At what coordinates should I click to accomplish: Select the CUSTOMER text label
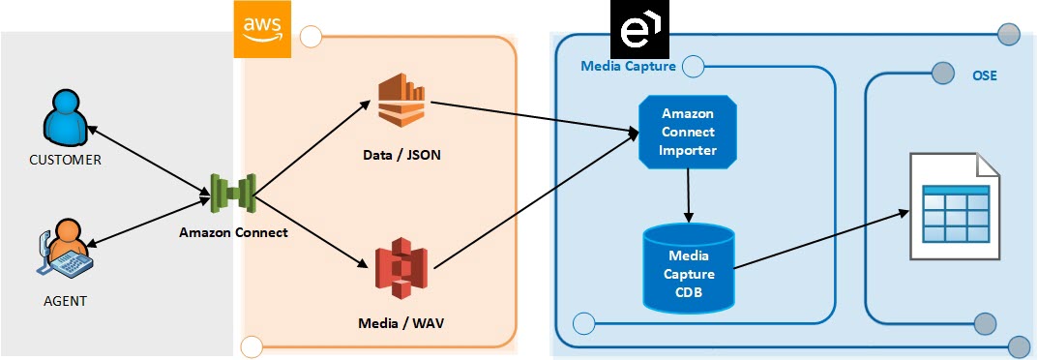coord(66,161)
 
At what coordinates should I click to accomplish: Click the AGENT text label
coord(64,301)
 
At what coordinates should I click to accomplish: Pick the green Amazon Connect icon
coord(233,194)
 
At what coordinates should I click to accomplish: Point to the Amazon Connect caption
coord(233,232)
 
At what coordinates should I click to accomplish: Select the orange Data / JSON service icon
coord(401,101)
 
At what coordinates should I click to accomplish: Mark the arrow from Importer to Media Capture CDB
coord(688,194)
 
